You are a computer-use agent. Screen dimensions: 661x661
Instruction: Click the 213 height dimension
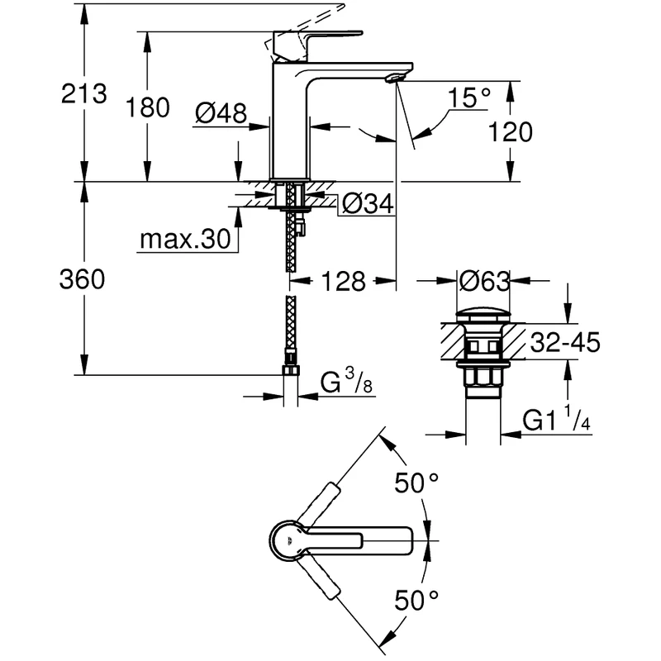(x=84, y=93)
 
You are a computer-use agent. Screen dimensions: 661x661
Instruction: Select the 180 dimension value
(x=150, y=107)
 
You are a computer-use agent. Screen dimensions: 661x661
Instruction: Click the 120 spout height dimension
(x=510, y=131)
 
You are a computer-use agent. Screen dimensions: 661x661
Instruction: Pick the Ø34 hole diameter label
(x=367, y=202)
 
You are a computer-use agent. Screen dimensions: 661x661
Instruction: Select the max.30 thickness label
(x=183, y=240)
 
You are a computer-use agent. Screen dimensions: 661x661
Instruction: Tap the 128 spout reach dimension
(x=344, y=282)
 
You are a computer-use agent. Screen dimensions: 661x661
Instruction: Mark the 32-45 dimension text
(x=565, y=341)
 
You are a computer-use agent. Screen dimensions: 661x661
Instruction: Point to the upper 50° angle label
(x=416, y=483)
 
